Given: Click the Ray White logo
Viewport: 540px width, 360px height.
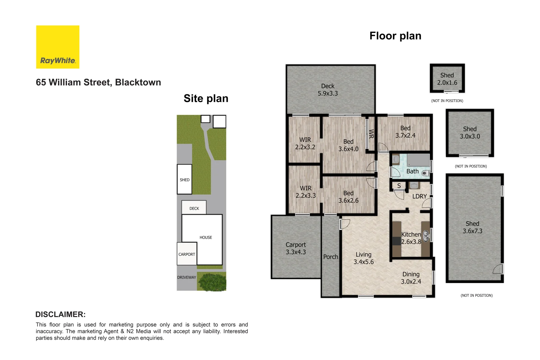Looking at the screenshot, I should coord(58,47).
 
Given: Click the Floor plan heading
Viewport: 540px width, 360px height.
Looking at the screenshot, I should coord(395,36).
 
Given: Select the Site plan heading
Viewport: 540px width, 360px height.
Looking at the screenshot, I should coord(206,98).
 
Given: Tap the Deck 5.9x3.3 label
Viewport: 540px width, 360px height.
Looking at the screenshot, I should coord(328,90).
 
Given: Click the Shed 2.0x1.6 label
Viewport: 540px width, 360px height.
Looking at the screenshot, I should coord(447,79).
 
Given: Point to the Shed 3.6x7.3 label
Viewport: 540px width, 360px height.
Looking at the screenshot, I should coord(472,227).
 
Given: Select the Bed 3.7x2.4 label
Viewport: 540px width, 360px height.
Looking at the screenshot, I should coord(405,132).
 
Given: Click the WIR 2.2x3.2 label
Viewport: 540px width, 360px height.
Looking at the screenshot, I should coord(305,143).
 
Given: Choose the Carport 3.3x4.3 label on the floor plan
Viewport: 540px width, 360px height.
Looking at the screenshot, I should coord(296,248).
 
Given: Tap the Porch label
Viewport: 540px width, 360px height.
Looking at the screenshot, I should coord(330,257).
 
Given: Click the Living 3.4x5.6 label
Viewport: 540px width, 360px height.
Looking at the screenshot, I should coord(363,258).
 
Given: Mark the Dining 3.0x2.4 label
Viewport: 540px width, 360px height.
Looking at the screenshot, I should coord(411,278).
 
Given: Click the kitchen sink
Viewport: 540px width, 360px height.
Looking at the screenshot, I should coord(426,236).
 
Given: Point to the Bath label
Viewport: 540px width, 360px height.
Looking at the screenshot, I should coord(412,171).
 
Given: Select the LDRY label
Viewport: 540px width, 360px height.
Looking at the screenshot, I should coord(419,196).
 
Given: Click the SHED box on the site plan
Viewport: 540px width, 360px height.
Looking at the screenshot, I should coord(184,179).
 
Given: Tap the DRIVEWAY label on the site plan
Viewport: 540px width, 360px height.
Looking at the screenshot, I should coord(186,277).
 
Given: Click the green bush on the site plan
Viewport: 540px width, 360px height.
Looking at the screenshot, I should coord(212,282).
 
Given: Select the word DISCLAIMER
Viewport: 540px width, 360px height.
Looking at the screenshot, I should coord(60,314).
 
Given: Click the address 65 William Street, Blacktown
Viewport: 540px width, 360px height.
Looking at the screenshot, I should coord(98,82).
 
